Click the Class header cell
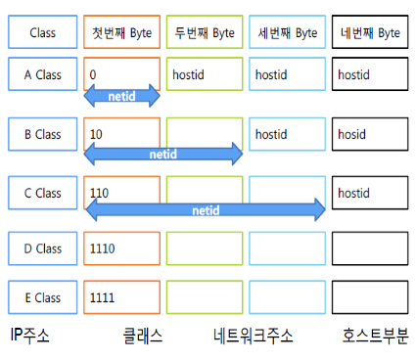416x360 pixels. [x=42, y=32]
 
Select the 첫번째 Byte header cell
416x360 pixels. [x=122, y=32]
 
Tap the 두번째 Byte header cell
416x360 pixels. [x=204, y=32]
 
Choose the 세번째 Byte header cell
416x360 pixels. [x=287, y=32]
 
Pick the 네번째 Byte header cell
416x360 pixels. [x=370, y=32]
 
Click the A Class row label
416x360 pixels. [x=42, y=73]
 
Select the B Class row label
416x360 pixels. [x=42, y=133]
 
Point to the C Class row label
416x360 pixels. [x=42, y=193]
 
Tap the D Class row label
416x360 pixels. [x=42, y=248]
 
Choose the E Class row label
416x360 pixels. [x=42, y=296]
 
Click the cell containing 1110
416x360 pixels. [x=122, y=248]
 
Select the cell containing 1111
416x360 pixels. [x=122, y=296]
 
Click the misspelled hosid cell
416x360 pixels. [x=370, y=133]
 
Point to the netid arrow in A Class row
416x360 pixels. [x=122, y=97]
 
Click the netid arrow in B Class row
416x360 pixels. [x=163, y=153]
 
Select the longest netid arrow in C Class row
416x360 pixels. [x=206, y=208]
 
